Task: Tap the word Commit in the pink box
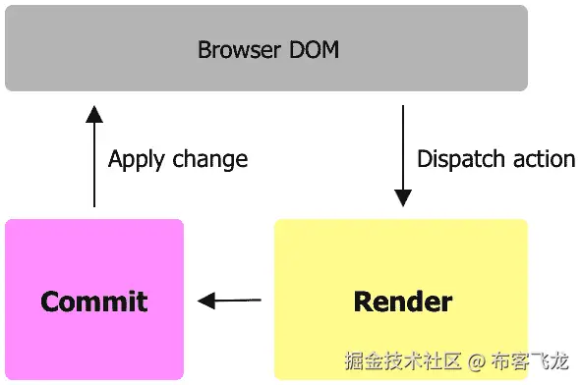point(94,301)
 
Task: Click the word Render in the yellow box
point(402,301)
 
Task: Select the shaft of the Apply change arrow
point(94,167)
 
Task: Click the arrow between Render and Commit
point(230,301)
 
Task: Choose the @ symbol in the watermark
point(477,361)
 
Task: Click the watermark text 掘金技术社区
point(402,361)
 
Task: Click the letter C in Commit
point(50,301)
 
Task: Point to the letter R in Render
point(362,301)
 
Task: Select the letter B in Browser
point(204,50)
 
